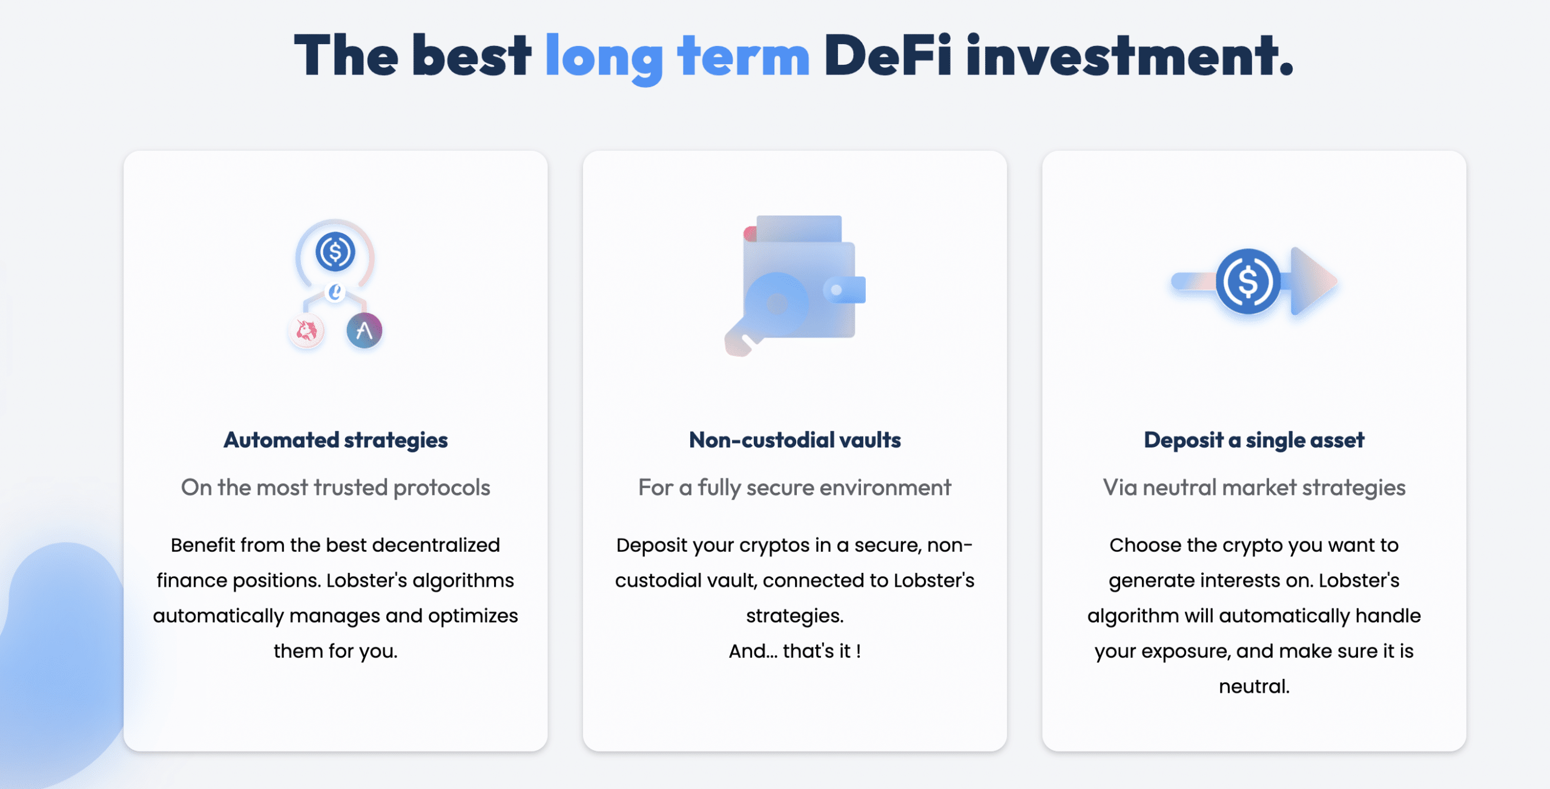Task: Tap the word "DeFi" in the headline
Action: (x=888, y=55)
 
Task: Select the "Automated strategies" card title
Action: (x=335, y=440)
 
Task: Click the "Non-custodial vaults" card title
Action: (x=795, y=440)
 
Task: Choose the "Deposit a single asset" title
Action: (x=1254, y=440)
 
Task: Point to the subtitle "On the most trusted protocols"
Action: (x=335, y=487)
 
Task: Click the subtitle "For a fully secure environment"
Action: (x=795, y=487)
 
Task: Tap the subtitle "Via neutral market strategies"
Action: (x=1254, y=487)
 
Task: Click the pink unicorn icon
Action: (x=306, y=331)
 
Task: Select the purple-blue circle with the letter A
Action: (x=364, y=331)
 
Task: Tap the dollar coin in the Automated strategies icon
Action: (x=335, y=251)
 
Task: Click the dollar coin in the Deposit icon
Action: (x=1248, y=281)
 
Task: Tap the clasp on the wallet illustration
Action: (x=845, y=289)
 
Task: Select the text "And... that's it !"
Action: (x=795, y=651)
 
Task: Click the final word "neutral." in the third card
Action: (x=1254, y=686)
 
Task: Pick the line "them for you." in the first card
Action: (x=335, y=651)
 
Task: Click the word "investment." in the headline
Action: (x=1129, y=55)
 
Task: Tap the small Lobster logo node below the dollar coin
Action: (x=335, y=292)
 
